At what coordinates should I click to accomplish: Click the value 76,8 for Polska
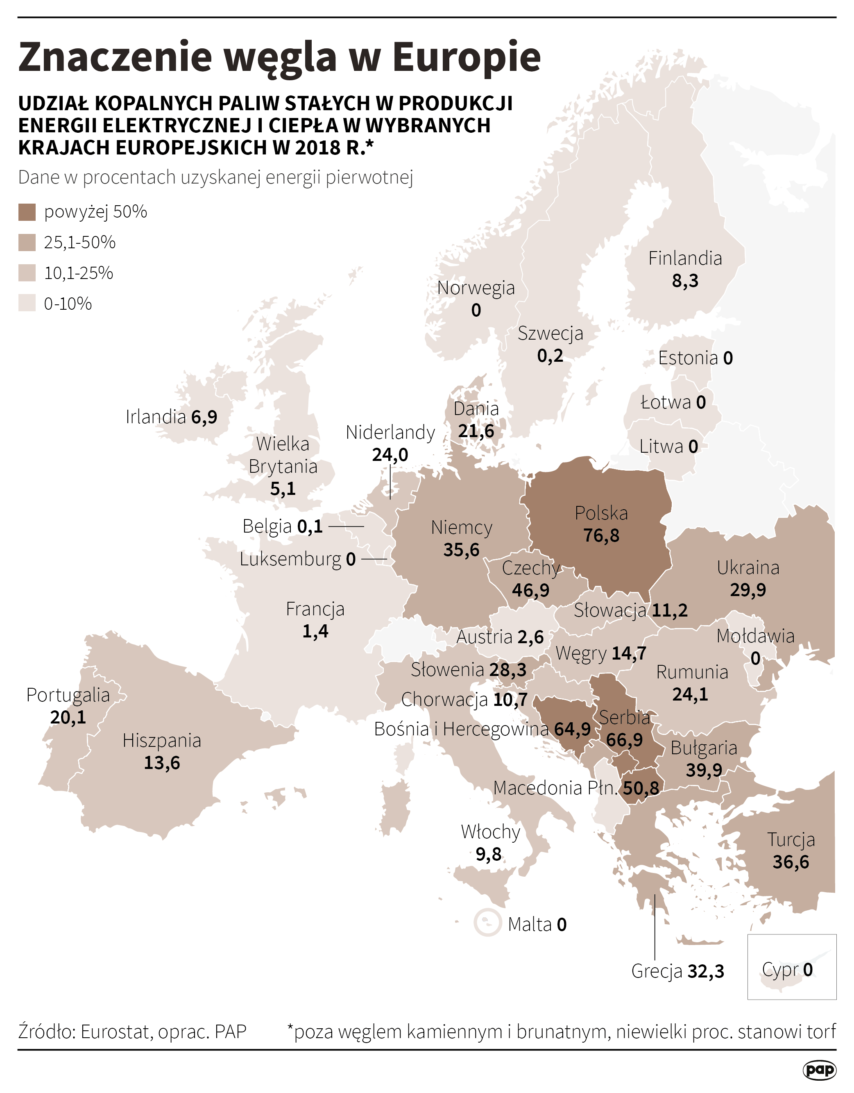point(601,535)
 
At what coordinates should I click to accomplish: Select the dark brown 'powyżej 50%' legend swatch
point(27,212)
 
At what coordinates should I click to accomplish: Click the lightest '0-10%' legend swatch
point(27,303)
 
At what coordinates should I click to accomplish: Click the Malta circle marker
point(487,922)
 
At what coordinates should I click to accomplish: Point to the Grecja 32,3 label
point(677,971)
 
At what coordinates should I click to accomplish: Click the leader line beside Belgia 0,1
point(346,526)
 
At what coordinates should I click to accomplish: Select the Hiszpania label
point(162,740)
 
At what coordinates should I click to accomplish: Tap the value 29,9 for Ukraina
point(748,590)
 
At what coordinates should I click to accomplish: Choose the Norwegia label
point(476,288)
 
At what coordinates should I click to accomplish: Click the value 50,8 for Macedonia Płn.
point(640,788)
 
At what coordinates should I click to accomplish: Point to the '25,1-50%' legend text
point(79,242)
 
